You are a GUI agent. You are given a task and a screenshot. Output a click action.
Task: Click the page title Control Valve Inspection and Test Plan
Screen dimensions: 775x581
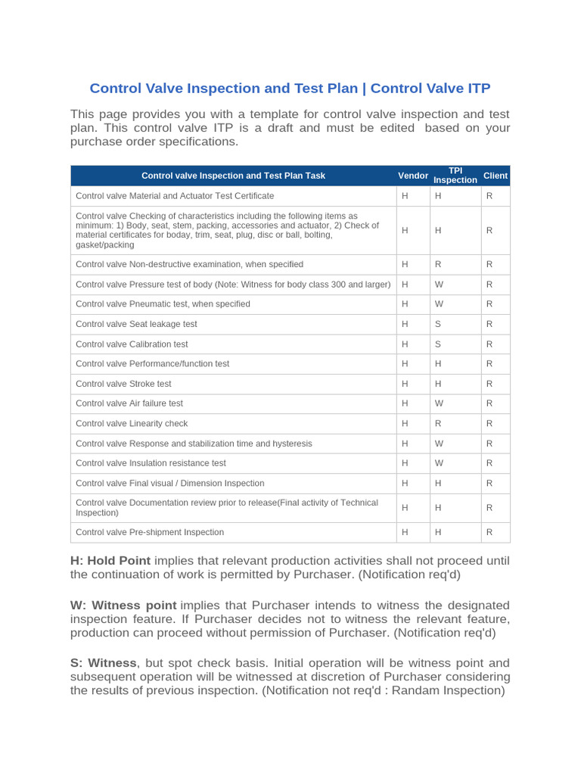tap(290, 88)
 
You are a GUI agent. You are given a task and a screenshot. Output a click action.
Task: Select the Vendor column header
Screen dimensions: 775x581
tap(413, 176)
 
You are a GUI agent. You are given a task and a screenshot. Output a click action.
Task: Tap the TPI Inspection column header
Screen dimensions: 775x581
tap(455, 176)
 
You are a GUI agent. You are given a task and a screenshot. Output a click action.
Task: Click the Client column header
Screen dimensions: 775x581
tap(496, 176)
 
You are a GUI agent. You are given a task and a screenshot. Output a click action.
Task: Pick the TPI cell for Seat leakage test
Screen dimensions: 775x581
tap(437, 324)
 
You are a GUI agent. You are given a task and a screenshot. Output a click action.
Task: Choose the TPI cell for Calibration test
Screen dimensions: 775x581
tap(437, 344)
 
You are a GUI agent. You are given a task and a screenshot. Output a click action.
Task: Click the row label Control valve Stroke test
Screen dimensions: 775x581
tap(124, 384)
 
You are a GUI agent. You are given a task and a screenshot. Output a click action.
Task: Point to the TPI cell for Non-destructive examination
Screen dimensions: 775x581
tap(437, 264)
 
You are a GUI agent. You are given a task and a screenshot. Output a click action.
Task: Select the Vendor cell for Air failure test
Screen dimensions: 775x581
tap(405, 403)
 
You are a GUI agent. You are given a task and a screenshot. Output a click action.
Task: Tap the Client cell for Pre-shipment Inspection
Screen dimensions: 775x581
tap(489, 532)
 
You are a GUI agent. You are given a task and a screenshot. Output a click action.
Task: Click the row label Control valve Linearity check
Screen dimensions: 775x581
tap(132, 423)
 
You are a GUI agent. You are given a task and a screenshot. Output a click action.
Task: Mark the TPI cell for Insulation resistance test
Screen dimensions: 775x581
tap(438, 462)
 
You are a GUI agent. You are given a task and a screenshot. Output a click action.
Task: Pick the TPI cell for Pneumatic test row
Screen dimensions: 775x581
tap(438, 303)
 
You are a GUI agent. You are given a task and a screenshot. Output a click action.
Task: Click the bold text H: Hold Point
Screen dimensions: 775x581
tap(110, 561)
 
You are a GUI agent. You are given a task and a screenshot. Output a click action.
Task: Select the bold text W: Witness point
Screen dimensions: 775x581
tap(124, 605)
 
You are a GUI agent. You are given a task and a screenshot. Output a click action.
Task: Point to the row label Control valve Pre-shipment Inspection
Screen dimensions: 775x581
tap(150, 532)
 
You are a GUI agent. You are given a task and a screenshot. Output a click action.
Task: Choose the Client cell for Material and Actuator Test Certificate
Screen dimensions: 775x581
tap(489, 195)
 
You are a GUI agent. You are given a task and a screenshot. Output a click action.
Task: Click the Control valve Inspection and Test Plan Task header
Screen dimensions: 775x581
tap(233, 176)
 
